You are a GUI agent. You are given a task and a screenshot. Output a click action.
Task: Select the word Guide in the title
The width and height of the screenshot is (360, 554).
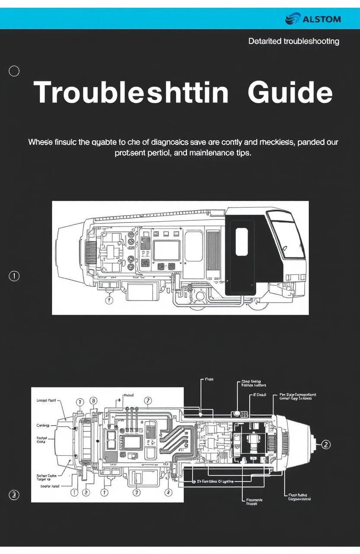[290, 93]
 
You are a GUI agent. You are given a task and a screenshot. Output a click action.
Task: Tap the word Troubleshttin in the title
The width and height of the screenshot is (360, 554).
[131, 93]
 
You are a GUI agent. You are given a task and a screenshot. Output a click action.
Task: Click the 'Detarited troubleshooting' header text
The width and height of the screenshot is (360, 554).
[294, 42]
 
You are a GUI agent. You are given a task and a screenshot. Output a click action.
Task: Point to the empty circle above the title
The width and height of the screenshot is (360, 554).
[14, 71]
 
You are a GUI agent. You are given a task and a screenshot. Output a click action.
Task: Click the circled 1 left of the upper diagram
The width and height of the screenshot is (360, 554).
[14, 276]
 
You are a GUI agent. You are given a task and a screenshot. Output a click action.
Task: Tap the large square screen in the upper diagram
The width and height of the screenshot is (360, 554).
[167, 250]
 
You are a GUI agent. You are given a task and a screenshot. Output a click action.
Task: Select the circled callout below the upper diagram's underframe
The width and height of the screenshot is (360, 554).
[109, 299]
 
